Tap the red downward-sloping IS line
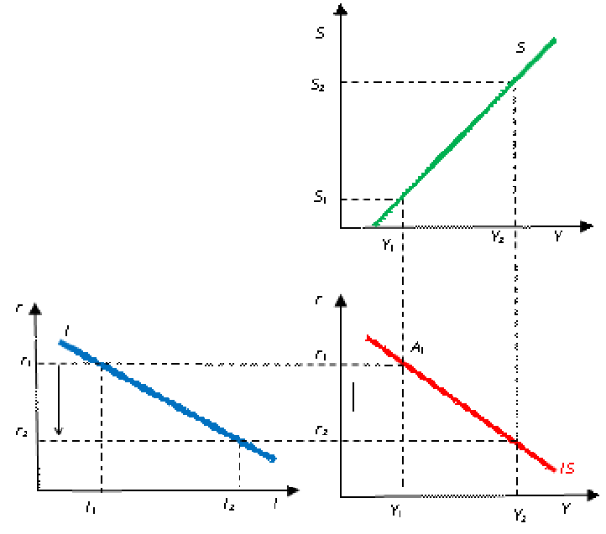457,402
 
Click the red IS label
567,469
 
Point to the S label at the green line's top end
520,48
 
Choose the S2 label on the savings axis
317,85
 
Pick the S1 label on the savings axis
319,198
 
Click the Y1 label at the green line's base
387,244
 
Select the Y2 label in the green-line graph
497,236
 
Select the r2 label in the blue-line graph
21,433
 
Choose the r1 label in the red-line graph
321,356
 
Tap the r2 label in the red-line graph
321,431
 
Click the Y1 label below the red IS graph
394,509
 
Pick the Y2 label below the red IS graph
519,514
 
